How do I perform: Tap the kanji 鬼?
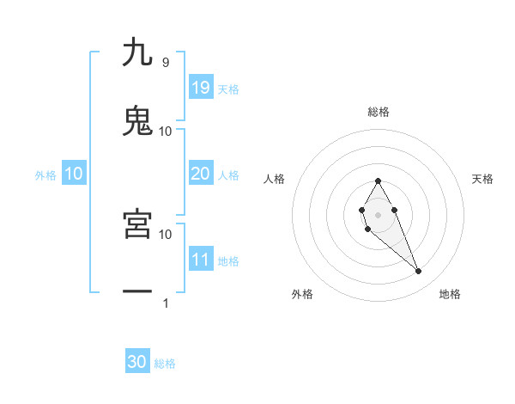(137, 120)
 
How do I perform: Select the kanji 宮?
(137, 223)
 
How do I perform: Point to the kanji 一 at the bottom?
(137, 292)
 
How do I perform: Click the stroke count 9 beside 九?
(165, 62)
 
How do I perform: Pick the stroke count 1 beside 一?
(165, 303)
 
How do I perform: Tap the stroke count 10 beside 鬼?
(166, 131)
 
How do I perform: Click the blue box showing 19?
(201, 87)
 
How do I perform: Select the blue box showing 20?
(201, 174)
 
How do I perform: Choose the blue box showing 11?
(201, 260)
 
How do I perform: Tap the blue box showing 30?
(137, 362)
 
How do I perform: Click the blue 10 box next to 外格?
(74, 174)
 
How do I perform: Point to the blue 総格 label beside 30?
(165, 364)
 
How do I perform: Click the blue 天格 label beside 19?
(228, 89)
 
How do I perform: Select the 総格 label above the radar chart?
(379, 112)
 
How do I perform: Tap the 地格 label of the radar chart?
(450, 294)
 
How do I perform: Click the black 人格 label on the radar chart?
(275, 179)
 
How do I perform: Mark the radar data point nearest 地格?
(418, 272)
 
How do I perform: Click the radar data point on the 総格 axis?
(378, 181)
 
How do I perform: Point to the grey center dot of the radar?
(378, 213)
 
